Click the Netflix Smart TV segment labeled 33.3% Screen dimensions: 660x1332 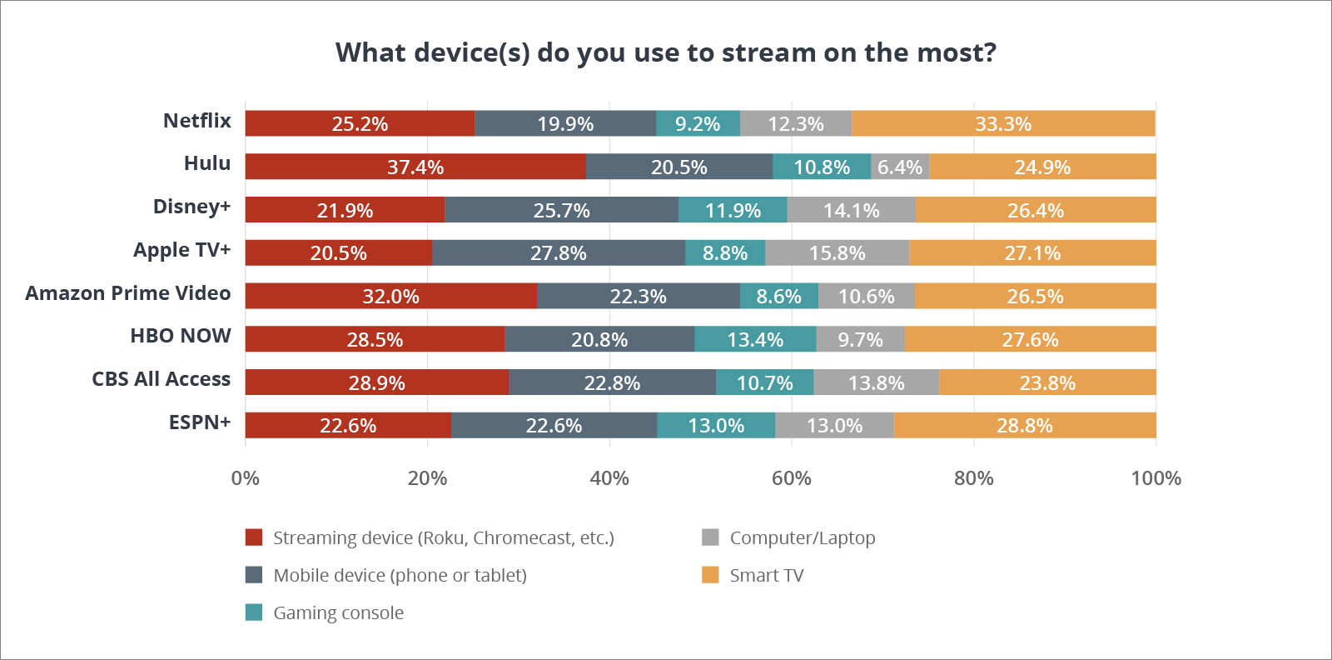pyautogui.click(x=1003, y=123)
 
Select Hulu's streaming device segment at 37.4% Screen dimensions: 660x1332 pyautogui.click(x=415, y=167)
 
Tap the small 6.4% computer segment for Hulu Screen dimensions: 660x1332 pyautogui.click(x=900, y=167)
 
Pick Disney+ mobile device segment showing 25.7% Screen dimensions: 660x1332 pyautogui.click(x=561, y=210)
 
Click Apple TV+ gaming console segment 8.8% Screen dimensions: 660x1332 pyautogui.click(x=724, y=252)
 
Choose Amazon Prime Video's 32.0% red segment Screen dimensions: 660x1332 pyautogui.click(x=390, y=296)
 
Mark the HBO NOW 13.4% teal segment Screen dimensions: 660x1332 pyautogui.click(x=755, y=339)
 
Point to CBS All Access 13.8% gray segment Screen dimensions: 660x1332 pyautogui.click(x=876, y=382)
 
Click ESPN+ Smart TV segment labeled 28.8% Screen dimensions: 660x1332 pyautogui.click(x=1024, y=425)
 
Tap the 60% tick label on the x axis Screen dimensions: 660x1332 pyautogui.click(x=791, y=478)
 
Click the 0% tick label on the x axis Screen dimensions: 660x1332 pyautogui.click(x=245, y=478)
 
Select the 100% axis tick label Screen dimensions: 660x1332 pyautogui.click(x=1156, y=478)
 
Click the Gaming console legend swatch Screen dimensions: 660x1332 pyautogui.click(x=254, y=612)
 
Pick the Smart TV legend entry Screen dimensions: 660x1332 pyautogui.click(x=766, y=575)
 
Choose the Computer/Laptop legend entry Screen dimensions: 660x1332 pyautogui.click(x=802, y=537)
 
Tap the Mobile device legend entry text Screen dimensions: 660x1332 pyautogui.click(x=400, y=575)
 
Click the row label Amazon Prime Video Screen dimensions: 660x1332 pyautogui.click(x=128, y=293)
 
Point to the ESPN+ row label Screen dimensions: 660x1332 pyautogui.click(x=200, y=422)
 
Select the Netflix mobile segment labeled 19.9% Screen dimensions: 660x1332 pyautogui.click(x=565, y=123)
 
